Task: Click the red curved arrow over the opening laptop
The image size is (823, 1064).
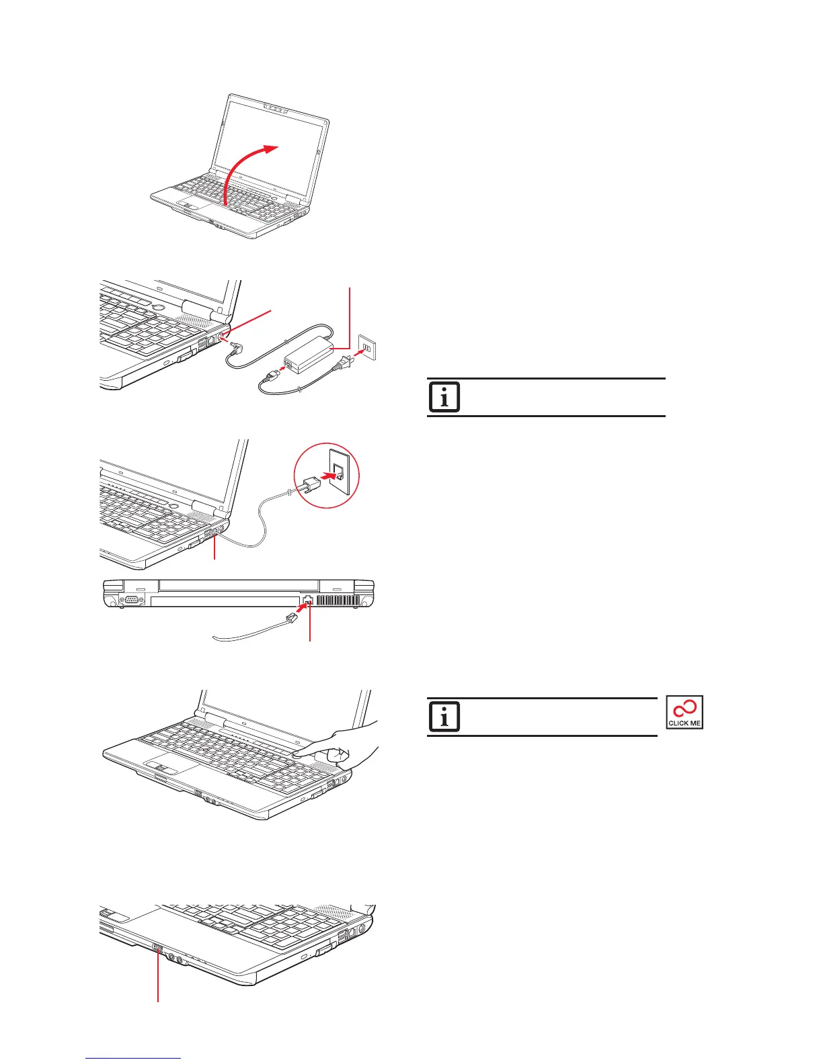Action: click(242, 168)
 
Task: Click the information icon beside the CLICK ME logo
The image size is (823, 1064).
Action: click(444, 717)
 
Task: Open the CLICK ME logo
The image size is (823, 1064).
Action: click(684, 713)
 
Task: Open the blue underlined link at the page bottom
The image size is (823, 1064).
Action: click(133, 1059)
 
